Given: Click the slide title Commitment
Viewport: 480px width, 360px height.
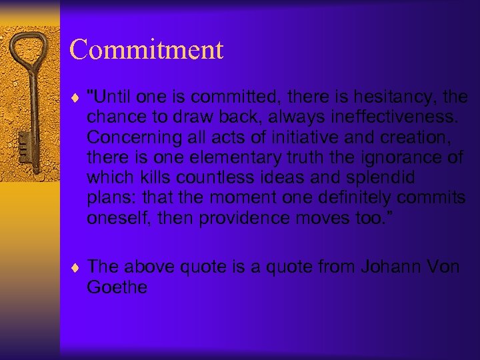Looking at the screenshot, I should click(146, 49).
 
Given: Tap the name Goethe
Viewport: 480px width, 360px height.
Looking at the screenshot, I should click(117, 287).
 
